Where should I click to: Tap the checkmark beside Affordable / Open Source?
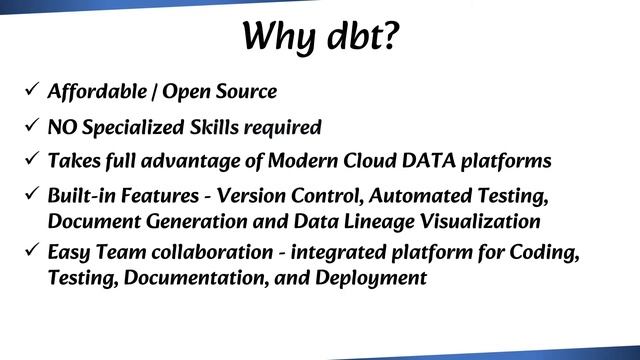(31, 91)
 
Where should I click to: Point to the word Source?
(244, 92)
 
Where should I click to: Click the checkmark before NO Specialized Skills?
(31, 126)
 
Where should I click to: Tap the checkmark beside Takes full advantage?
(31, 159)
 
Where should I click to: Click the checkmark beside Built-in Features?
(31, 193)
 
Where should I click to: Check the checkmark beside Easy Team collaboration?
(31, 252)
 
